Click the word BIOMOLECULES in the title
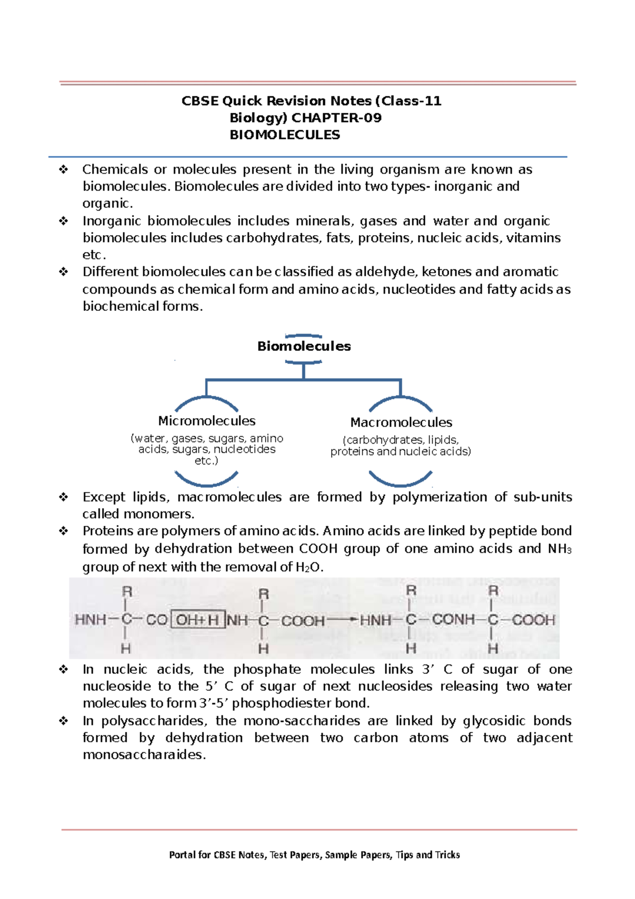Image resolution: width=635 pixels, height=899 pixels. [285, 135]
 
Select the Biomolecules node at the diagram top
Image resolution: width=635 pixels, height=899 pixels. [304, 346]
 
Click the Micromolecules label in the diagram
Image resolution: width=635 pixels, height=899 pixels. [206, 421]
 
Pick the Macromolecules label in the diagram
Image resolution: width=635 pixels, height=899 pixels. [401, 422]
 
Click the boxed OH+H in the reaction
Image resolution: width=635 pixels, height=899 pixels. [197, 620]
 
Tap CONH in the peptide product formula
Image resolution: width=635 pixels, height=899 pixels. [453, 619]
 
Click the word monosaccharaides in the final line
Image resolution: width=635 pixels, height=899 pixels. [143, 755]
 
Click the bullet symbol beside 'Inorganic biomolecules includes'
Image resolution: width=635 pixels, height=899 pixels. [63, 221]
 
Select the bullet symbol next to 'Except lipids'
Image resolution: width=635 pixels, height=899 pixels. [63, 497]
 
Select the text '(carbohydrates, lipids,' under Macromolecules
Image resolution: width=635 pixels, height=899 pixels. [401, 440]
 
